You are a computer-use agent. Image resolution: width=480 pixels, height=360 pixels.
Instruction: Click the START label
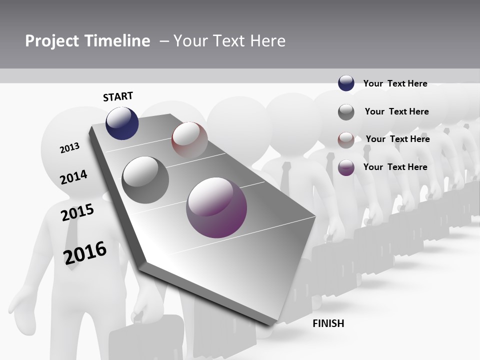point(118,96)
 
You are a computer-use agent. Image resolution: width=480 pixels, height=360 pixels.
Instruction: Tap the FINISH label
point(328,323)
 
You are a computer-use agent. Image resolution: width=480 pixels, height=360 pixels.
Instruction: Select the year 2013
point(69,148)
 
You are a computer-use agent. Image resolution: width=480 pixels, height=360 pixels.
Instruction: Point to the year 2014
point(73,177)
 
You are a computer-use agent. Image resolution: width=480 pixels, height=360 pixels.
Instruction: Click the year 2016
point(85,252)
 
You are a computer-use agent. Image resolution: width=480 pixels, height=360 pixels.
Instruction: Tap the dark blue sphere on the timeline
point(122,123)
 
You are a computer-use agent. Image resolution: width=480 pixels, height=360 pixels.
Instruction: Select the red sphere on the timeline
point(189,140)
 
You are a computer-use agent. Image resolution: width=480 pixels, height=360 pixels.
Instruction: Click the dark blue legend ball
point(346,83)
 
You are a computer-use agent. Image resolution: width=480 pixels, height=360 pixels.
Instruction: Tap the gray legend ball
point(346,112)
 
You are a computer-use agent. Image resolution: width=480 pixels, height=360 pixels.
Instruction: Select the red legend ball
point(346,139)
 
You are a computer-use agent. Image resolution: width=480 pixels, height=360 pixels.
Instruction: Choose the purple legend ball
point(346,167)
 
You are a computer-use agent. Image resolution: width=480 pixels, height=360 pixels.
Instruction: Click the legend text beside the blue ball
point(395,83)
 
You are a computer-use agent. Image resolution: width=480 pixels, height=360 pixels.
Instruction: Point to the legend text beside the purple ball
point(395,167)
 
